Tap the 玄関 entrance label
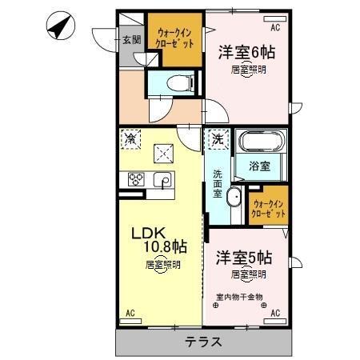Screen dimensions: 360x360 131,39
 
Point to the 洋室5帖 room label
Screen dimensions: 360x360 244,258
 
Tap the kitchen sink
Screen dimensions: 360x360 162,180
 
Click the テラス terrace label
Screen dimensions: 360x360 203,342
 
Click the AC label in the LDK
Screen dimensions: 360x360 130,313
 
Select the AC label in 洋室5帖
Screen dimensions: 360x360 274,313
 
